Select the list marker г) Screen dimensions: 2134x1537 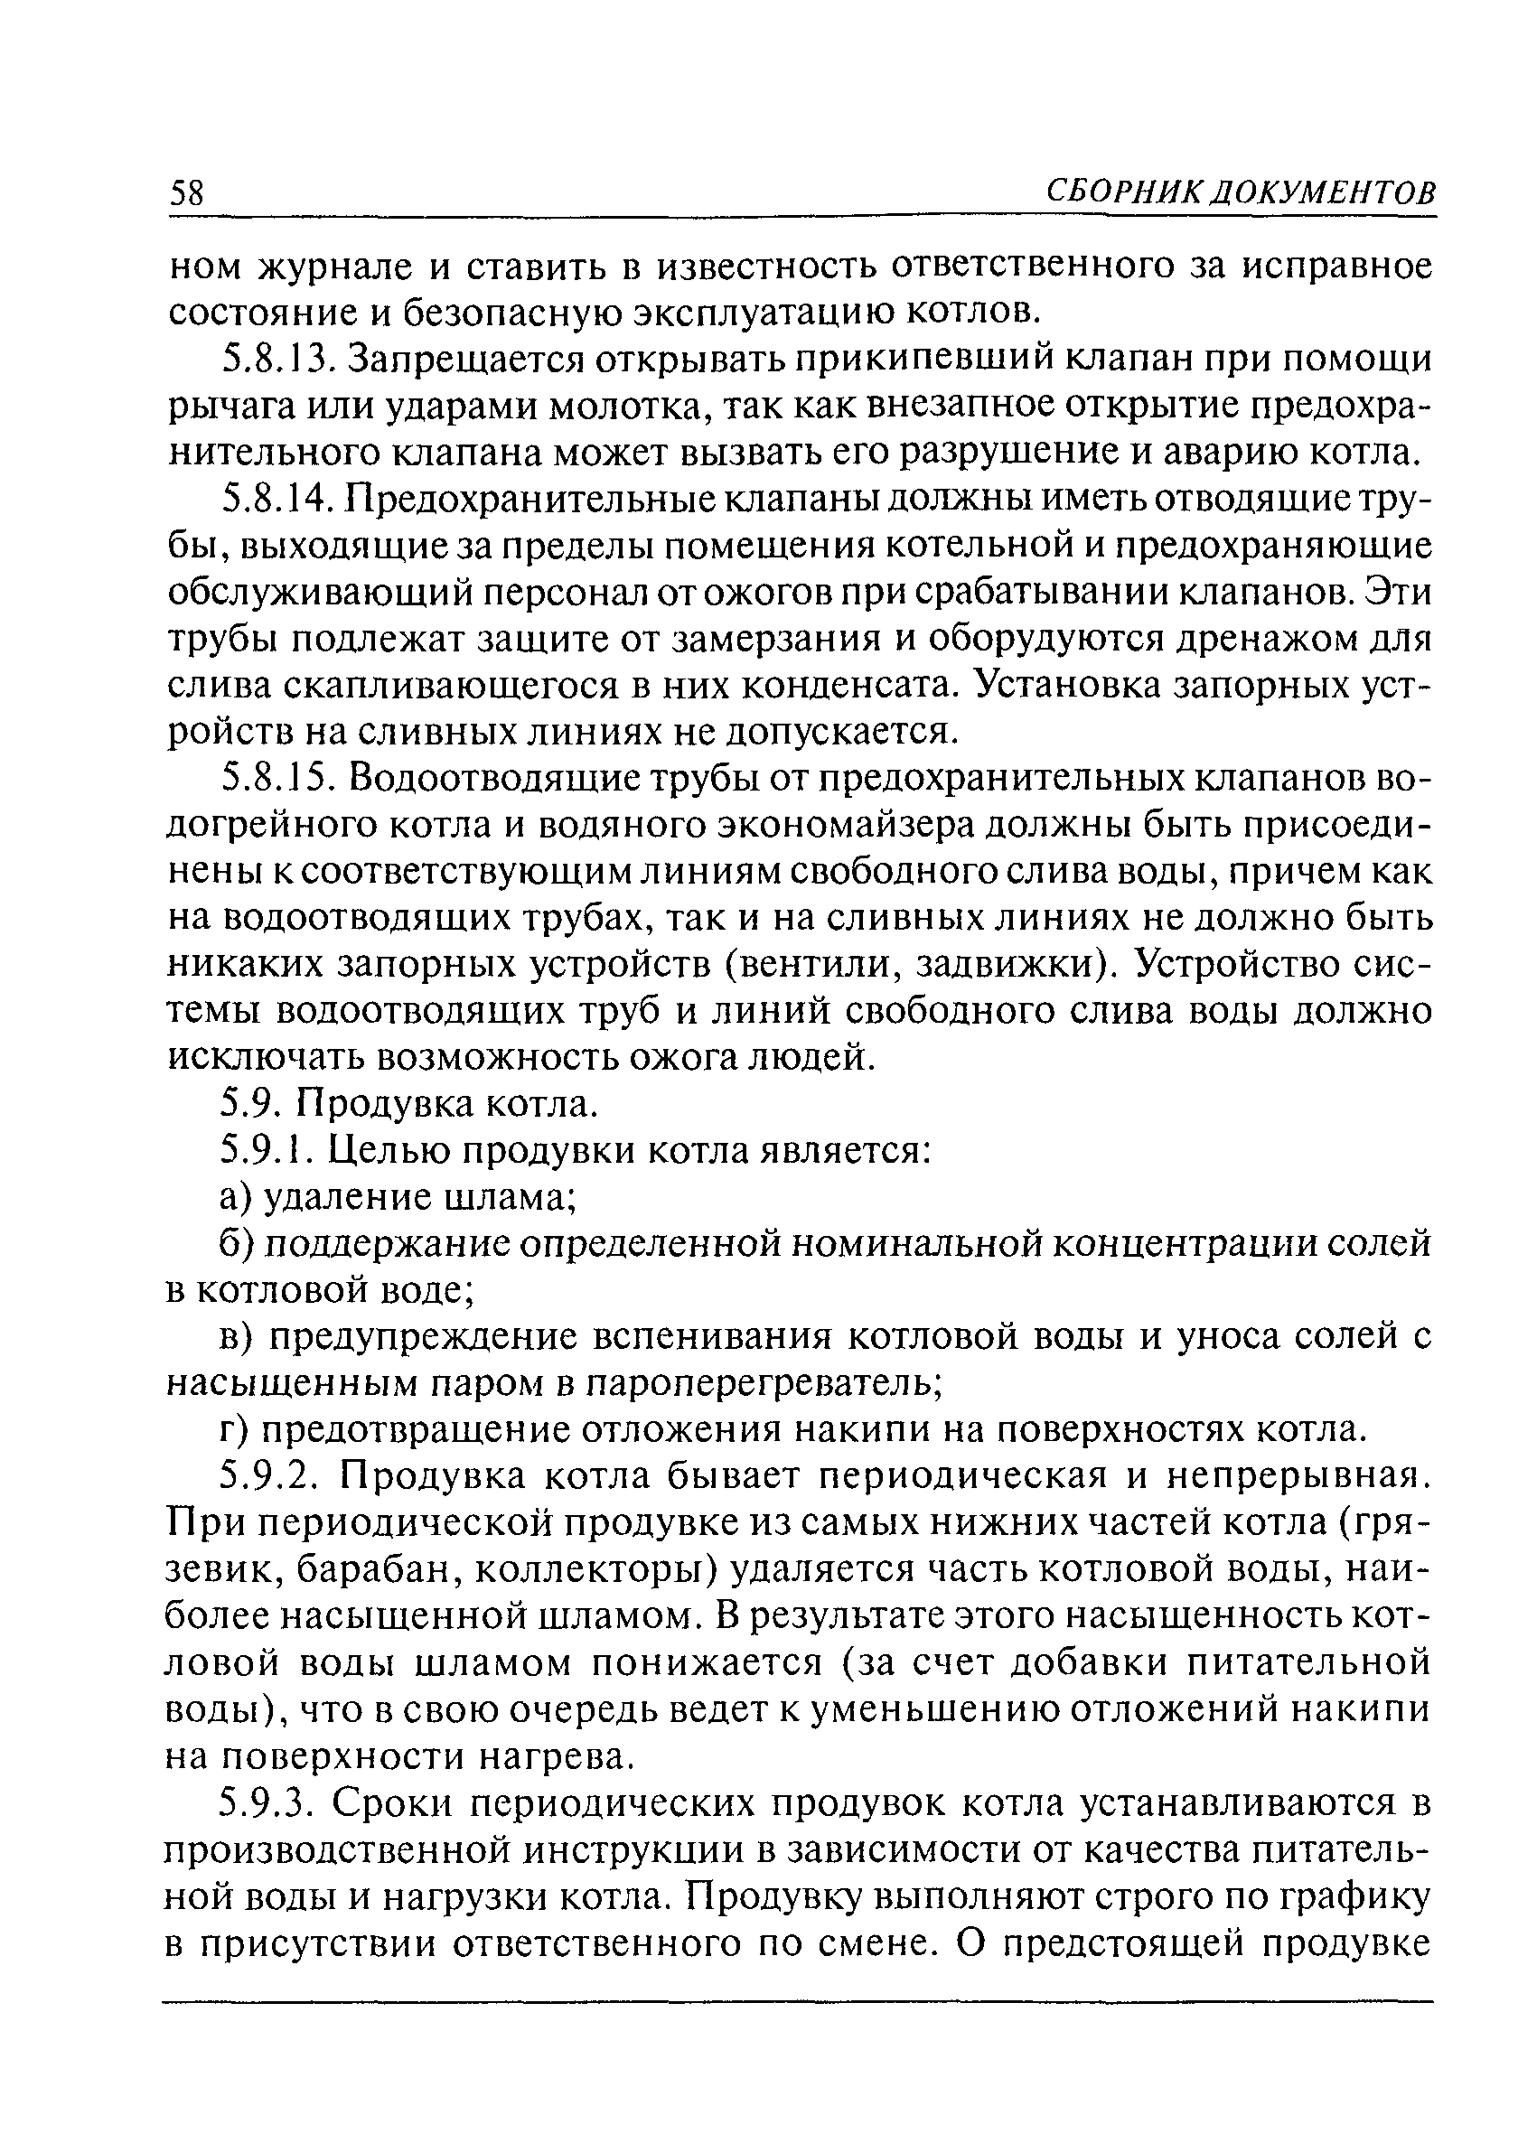tap(232, 1429)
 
